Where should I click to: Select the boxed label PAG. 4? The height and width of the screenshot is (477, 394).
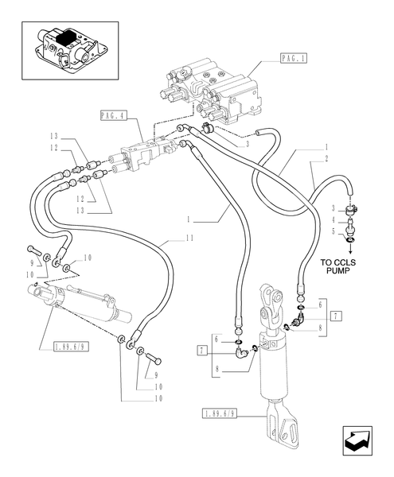(114, 116)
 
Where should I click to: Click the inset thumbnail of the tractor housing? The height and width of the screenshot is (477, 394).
(70, 49)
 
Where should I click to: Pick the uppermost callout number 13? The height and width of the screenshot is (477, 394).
(54, 136)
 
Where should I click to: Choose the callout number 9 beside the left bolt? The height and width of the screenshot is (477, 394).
(31, 262)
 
